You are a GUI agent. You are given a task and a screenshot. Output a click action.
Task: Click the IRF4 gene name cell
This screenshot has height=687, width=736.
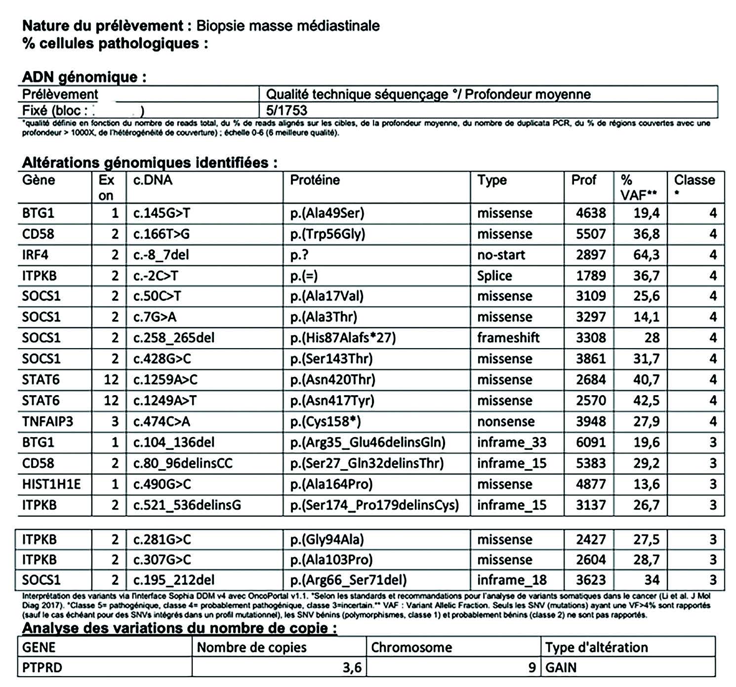pyautogui.click(x=35, y=255)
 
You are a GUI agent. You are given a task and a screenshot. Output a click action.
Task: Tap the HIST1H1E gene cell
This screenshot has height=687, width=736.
pyautogui.click(x=51, y=484)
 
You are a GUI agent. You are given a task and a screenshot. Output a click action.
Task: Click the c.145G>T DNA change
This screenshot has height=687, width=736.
pyautogui.click(x=162, y=213)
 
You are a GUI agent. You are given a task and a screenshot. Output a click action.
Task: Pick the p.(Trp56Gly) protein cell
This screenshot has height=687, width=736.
pyautogui.click(x=327, y=234)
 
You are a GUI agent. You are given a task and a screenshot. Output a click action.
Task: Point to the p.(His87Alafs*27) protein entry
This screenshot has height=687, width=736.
pyautogui.click(x=343, y=338)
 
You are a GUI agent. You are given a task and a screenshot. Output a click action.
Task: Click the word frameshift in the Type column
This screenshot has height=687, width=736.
pyautogui.click(x=508, y=338)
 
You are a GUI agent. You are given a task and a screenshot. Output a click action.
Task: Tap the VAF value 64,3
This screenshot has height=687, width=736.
pyautogui.click(x=646, y=255)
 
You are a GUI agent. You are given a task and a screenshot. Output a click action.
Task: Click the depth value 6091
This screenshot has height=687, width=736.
pyautogui.click(x=591, y=443)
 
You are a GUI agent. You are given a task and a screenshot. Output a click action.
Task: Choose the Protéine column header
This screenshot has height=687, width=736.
pyautogui.click(x=315, y=180)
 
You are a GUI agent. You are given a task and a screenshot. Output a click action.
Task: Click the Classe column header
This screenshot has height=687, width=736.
pyautogui.click(x=695, y=180)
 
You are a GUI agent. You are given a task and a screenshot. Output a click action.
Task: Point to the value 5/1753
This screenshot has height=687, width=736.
pyautogui.click(x=286, y=110)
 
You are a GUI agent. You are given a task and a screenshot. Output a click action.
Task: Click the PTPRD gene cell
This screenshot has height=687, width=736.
pyautogui.click(x=42, y=668)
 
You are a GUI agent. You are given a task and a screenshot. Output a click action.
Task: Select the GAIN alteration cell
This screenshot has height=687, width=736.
pyautogui.click(x=561, y=668)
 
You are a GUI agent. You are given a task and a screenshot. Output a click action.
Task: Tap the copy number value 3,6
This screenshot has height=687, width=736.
pyautogui.click(x=352, y=668)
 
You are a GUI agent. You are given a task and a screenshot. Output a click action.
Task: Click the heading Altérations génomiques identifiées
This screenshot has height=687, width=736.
pyautogui.click(x=149, y=162)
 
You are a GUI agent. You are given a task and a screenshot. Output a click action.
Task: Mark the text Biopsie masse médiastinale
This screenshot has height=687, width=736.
pyautogui.click(x=288, y=26)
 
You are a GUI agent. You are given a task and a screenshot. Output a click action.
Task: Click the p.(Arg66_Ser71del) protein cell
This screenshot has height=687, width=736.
pyautogui.click(x=348, y=580)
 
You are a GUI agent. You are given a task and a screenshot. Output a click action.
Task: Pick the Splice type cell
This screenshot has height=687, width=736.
pyautogui.click(x=494, y=276)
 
